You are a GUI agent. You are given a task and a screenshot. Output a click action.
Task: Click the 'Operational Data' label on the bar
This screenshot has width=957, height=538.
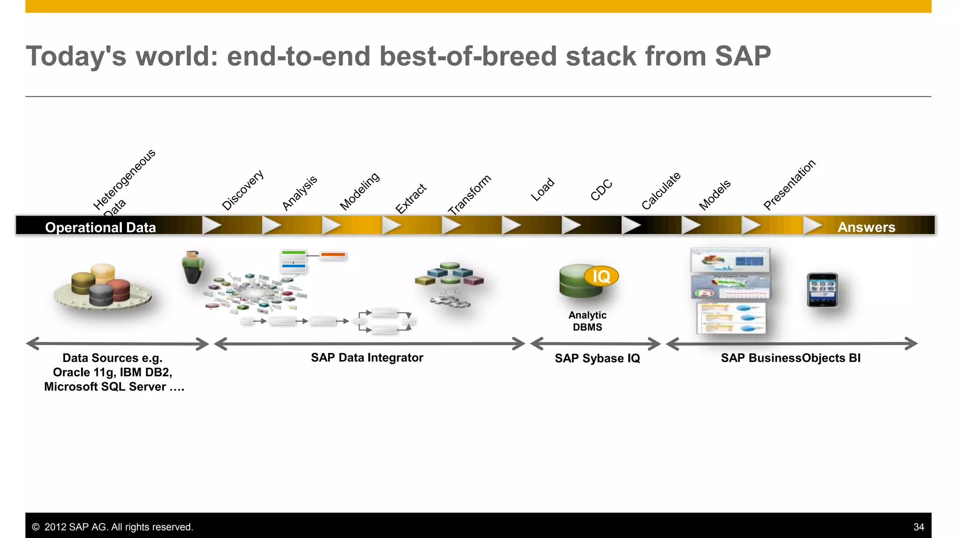point(100,227)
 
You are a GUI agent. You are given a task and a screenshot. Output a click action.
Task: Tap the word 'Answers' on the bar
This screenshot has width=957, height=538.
point(866,227)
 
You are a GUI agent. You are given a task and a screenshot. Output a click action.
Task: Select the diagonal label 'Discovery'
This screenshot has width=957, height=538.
point(243,190)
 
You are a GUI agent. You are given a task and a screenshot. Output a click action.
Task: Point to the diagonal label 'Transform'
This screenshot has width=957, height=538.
point(469,195)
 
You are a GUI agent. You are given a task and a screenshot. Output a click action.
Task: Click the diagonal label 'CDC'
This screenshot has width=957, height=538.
point(601,190)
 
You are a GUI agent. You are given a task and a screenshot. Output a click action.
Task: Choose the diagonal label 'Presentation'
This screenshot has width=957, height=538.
point(789,184)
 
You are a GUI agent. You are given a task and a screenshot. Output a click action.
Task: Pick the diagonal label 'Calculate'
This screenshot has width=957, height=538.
point(661,191)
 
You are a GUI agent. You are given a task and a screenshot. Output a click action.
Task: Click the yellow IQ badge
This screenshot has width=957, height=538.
point(601,276)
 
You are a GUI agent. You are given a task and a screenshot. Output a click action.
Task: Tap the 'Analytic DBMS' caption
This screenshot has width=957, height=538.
point(587,321)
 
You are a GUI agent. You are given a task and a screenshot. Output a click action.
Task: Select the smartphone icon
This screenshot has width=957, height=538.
point(822,290)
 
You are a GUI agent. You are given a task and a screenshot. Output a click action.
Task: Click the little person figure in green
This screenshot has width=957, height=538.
point(193,267)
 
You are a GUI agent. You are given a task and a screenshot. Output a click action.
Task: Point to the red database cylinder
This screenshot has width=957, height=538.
point(121,290)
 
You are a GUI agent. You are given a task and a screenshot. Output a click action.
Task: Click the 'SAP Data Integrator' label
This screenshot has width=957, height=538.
point(367,358)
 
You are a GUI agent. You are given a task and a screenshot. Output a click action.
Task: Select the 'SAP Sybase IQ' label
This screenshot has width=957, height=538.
point(597,358)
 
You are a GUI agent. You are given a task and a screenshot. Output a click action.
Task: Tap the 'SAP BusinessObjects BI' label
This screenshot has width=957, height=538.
point(790,358)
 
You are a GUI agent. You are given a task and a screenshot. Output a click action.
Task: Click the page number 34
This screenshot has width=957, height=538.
point(918,527)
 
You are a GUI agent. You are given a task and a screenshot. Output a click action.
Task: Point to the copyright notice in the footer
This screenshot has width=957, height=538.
point(113,527)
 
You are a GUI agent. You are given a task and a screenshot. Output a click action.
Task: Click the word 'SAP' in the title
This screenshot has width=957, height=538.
point(743,56)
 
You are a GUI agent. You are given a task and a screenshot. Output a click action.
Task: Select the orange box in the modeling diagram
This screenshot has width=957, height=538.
point(333,255)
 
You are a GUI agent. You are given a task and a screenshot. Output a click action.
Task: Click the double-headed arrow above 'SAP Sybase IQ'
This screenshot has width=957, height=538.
point(595,344)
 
